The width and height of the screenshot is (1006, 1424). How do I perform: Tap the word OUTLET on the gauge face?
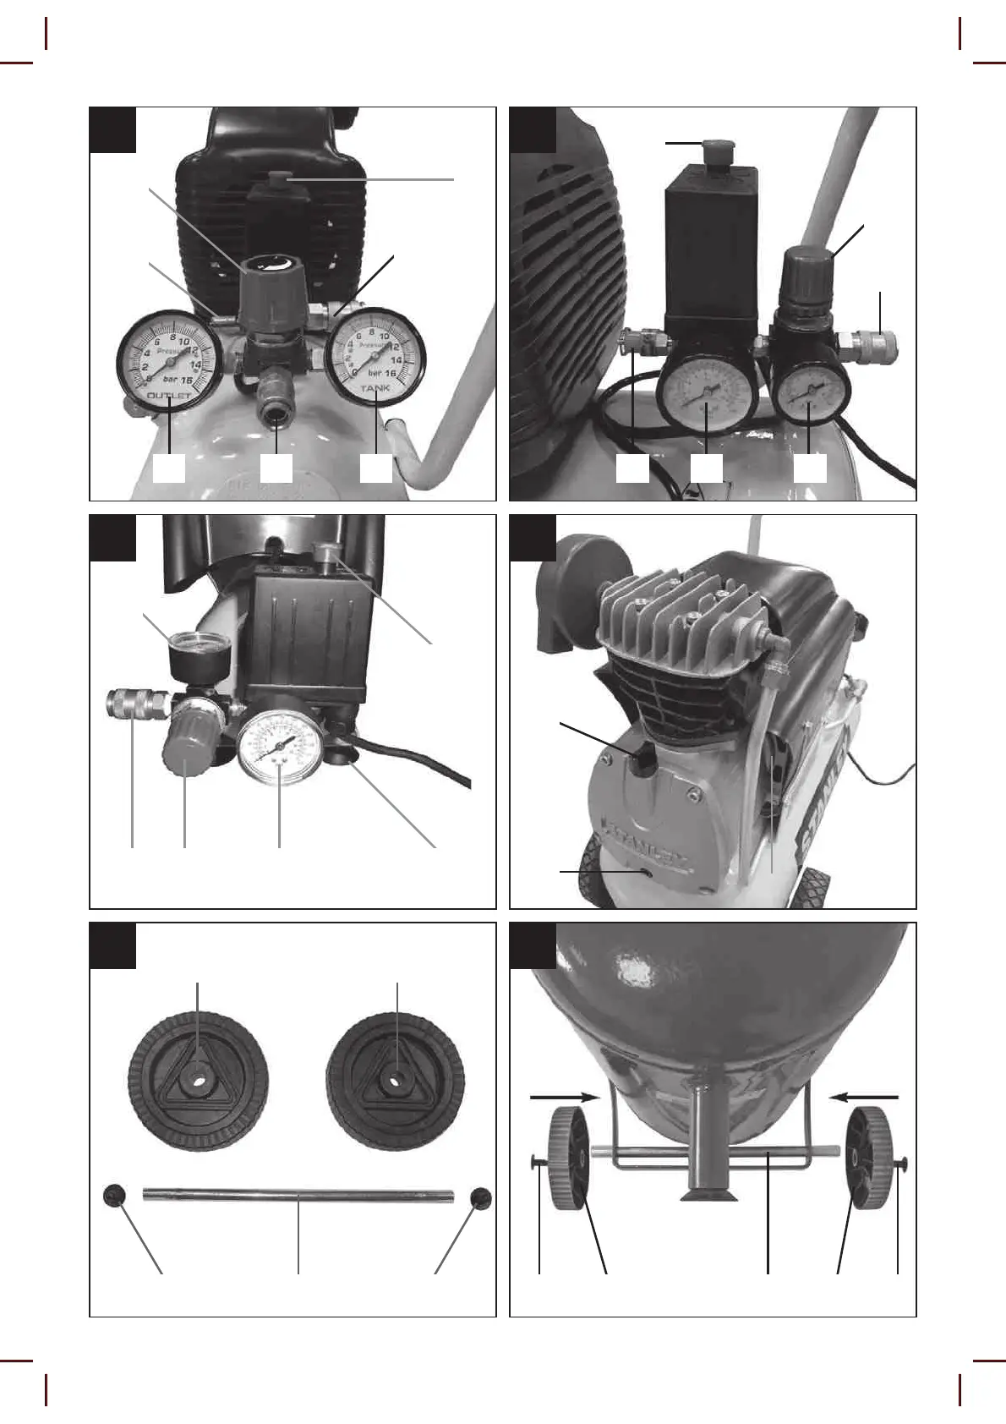(x=169, y=396)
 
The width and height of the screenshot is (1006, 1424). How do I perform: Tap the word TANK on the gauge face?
(x=376, y=389)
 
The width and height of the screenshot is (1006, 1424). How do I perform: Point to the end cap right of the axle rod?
(x=480, y=1197)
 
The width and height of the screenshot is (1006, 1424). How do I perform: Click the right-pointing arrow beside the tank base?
(x=563, y=1097)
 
